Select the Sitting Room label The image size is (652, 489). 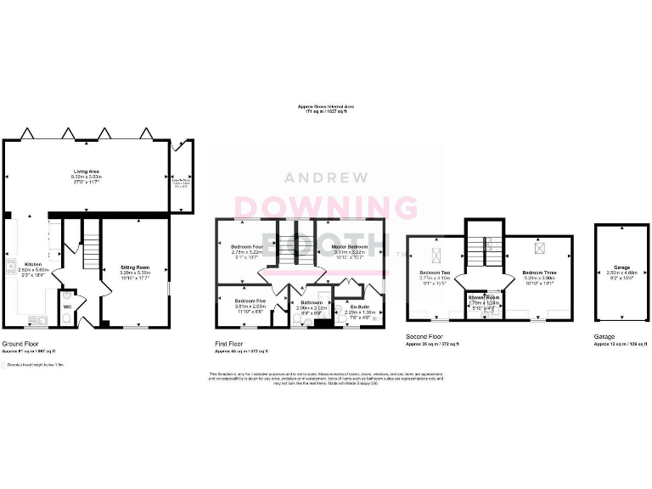(x=135, y=267)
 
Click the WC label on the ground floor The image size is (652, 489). (x=67, y=306)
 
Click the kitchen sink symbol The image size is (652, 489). (x=35, y=319)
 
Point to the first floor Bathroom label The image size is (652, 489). (x=310, y=301)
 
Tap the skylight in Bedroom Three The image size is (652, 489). (x=539, y=248)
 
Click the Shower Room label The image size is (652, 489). (x=484, y=297)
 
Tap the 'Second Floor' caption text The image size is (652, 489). (x=424, y=337)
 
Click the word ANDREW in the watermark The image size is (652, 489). (x=326, y=177)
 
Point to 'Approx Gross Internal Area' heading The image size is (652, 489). (x=326, y=106)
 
